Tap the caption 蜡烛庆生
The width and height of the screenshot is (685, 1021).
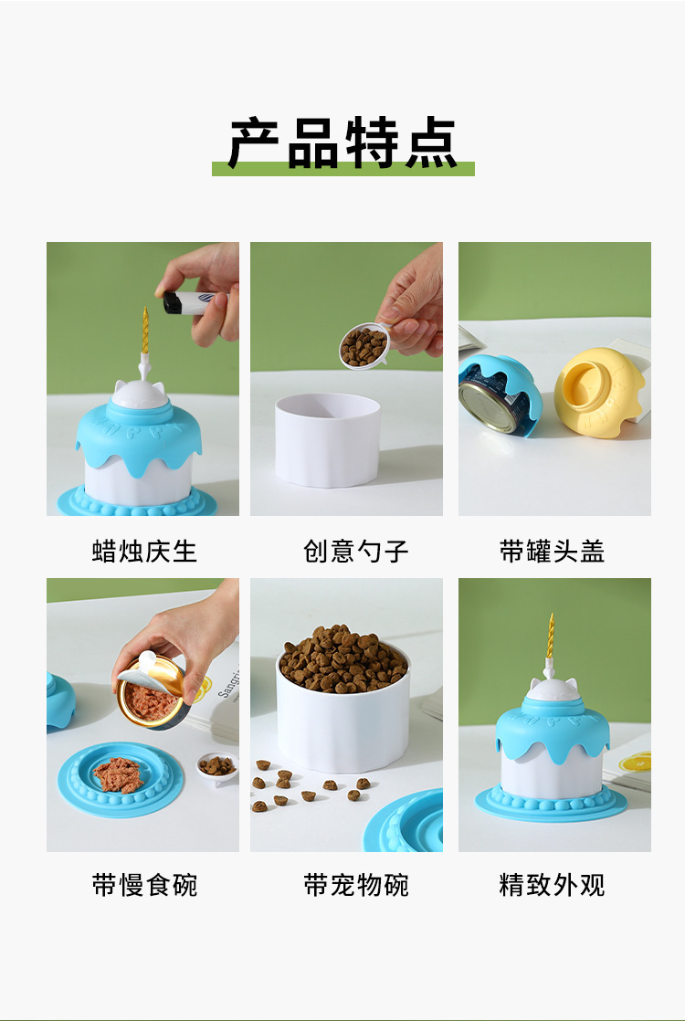pyautogui.click(x=144, y=551)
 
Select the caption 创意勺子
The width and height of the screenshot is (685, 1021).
pyautogui.click(x=356, y=551)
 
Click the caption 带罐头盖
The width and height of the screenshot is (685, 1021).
pyautogui.click(x=553, y=551)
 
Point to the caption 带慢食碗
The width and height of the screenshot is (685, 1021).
pyautogui.click(x=144, y=884)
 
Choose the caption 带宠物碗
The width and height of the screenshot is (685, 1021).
pyautogui.click(x=356, y=884)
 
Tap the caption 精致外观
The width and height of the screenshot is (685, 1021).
pyautogui.click(x=553, y=884)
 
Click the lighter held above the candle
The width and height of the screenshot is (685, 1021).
pyautogui.click(x=188, y=303)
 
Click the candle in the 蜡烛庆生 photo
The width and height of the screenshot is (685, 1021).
pyautogui.click(x=145, y=333)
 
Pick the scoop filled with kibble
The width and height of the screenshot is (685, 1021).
pyautogui.click(x=364, y=347)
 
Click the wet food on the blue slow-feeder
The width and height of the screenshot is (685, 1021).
pyautogui.click(x=118, y=774)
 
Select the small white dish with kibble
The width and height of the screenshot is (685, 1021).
pyautogui.click(x=216, y=766)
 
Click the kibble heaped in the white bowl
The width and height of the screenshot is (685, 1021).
pyautogui.click(x=342, y=658)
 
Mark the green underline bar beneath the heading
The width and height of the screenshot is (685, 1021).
pyautogui.click(x=342, y=169)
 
